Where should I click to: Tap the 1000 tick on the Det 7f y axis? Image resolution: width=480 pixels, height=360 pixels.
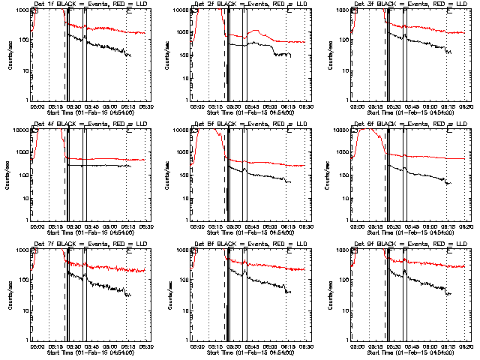tap(21, 250)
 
